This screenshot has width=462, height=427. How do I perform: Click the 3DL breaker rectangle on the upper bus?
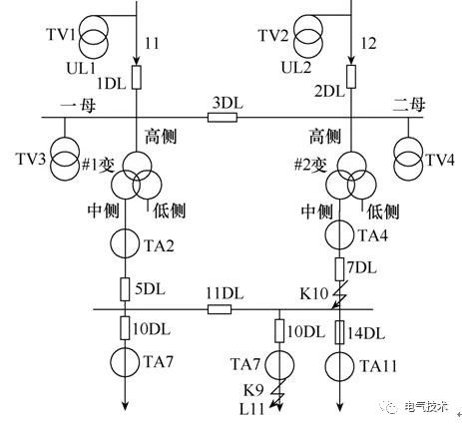(x=223, y=118)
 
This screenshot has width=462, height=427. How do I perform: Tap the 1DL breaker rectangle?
(x=137, y=78)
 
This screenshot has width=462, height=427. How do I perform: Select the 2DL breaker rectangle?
(x=351, y=77)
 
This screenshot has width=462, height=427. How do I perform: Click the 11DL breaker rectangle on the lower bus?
(x=220, y=309)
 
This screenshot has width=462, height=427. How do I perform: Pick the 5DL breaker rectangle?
(x=125, y=289)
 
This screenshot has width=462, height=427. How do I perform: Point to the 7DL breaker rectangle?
(x=339, y=269)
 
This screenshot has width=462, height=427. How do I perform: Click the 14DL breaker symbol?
(x=339, y=332)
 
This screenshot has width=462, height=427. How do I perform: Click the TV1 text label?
(x=62, y=35)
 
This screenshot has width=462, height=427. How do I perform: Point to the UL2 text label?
(x=296, y=67)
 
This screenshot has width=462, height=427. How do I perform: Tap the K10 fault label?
(x=314, y=293)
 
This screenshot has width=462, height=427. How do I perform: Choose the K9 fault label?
(x=253, y=390)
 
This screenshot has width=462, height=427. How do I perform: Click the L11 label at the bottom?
(x=252, y=409)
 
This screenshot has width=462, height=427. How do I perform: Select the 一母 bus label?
(x=78, y=107)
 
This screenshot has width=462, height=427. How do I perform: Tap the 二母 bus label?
(x=409, y=105)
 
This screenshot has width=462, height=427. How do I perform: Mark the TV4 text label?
(x=440, y=161)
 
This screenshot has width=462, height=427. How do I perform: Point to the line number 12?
(x=368, y=43)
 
